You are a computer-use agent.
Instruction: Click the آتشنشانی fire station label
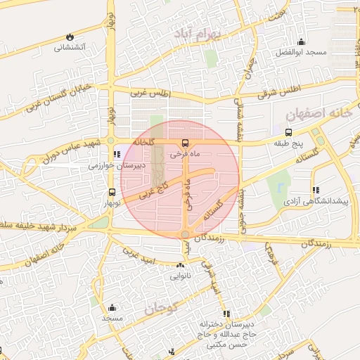[x=70, y=48]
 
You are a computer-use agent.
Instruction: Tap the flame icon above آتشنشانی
[x=70, y=37]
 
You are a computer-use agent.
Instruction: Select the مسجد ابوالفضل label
[x=301, y=53]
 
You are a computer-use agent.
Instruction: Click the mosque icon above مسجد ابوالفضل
[x=301, y=41]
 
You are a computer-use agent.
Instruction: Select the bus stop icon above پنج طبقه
[x=288, y=131]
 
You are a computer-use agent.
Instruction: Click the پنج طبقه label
[x=288, y=143]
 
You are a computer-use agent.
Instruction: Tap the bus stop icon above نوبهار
[x=112, y=192]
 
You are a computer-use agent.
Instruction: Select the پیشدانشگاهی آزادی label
[x=315, y=201]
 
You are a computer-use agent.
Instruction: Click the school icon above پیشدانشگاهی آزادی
[x=315, y=189]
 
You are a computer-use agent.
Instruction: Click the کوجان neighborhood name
[x=162, y=307]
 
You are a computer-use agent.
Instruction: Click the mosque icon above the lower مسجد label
[x=112, y=307]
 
